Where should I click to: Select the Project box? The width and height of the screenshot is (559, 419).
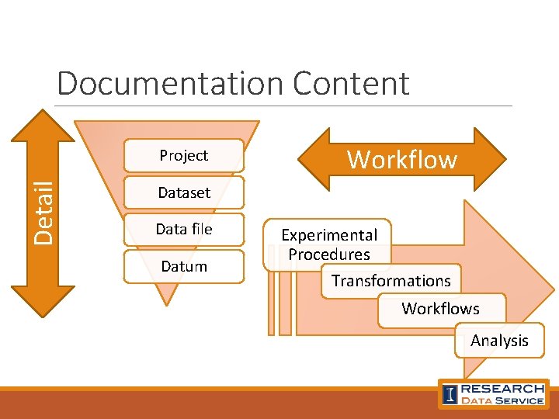(184, 155)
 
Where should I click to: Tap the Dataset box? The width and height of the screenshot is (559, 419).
(184, 192)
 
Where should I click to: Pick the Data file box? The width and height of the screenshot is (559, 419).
(184, 229)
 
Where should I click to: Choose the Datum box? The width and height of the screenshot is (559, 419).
(184, 266)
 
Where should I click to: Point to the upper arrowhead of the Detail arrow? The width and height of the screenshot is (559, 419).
(43, 124)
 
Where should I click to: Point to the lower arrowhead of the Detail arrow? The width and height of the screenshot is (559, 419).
(43, 303)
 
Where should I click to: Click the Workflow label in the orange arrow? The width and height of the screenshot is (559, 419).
(402, 160)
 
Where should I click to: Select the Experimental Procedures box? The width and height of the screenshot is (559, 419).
(329, 244)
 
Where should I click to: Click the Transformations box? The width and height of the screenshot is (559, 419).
(391, 281)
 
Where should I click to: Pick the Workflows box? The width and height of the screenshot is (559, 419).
(440, 309)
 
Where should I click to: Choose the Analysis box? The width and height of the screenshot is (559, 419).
(499, 341)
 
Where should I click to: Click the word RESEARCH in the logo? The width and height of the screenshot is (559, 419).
(502, 389)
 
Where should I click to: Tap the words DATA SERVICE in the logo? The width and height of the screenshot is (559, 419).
(502, 400)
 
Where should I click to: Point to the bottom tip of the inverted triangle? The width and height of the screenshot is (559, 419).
(168, 301)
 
